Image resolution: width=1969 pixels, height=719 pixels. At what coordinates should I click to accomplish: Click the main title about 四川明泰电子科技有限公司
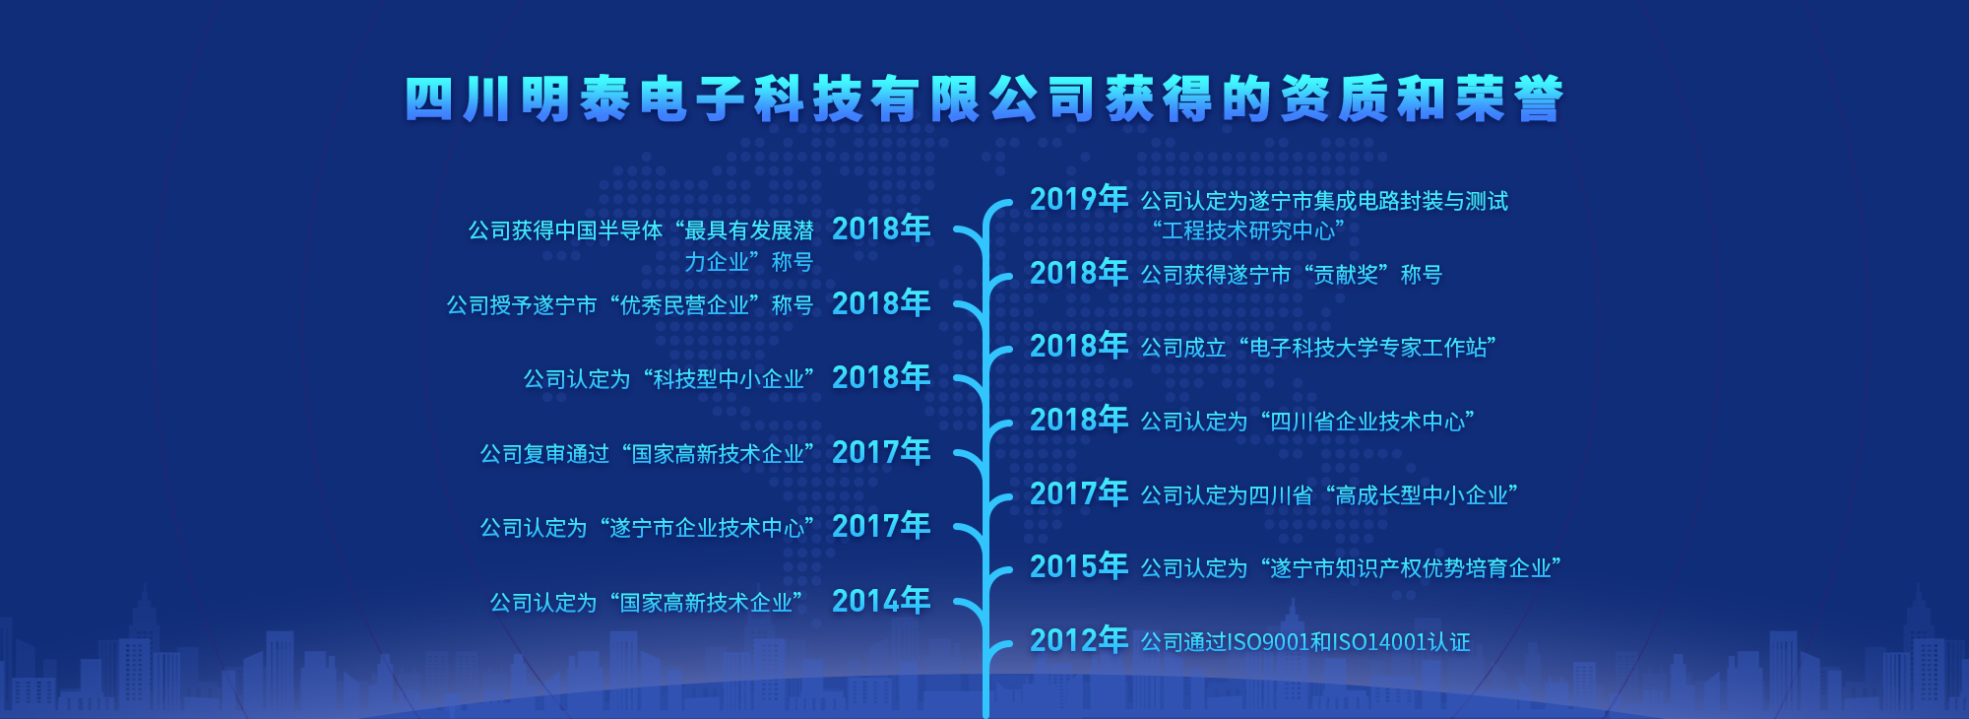(984, 98)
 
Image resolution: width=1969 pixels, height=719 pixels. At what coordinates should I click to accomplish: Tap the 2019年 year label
(1079, 199)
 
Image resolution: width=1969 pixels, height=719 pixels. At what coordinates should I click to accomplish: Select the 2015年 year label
(1079, 566)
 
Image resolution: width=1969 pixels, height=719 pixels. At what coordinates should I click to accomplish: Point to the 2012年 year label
(1079, 640)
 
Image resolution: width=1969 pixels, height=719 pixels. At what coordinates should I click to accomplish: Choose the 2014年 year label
(881, 600)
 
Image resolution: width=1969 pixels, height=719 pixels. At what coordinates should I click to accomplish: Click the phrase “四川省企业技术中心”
(1363, 422)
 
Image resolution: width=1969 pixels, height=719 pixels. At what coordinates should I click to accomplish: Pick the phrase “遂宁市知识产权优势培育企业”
(1406, 568)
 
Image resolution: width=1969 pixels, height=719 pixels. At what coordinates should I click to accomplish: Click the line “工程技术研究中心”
(1248, 230)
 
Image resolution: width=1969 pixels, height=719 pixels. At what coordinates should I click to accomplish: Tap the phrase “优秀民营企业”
(684, 305)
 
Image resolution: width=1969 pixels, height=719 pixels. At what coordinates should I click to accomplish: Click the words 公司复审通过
(545, 454)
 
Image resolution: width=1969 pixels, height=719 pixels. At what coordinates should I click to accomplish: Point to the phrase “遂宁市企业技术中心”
(707, 528)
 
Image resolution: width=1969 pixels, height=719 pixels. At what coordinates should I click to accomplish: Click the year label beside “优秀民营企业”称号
(881, 302)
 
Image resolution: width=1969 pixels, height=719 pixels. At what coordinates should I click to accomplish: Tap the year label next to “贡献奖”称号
(1079, 272)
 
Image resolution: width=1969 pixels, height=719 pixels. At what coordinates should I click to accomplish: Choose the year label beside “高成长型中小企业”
(1079, 492)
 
